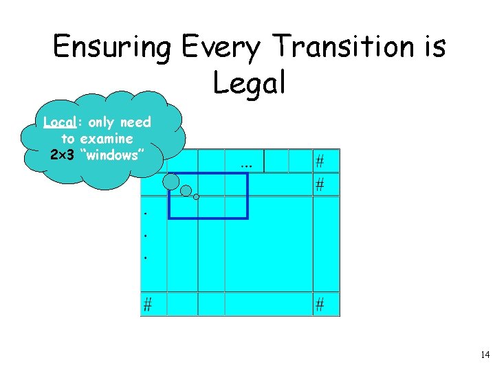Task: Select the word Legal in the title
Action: pos(248,83)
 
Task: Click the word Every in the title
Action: pos(221,48)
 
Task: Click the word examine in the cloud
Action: pos(107,139)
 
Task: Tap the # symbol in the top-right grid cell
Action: pos(320,161)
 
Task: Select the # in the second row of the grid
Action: pos(320,185)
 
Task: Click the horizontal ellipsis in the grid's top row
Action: pos(247,164)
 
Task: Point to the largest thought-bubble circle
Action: pos(171,181)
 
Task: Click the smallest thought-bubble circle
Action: pos(197,197)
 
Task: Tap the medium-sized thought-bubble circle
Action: pos(186,191)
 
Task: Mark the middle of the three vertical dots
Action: pos(146,236)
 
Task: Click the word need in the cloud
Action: pos(135,122)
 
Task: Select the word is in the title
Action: pos(433,48)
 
